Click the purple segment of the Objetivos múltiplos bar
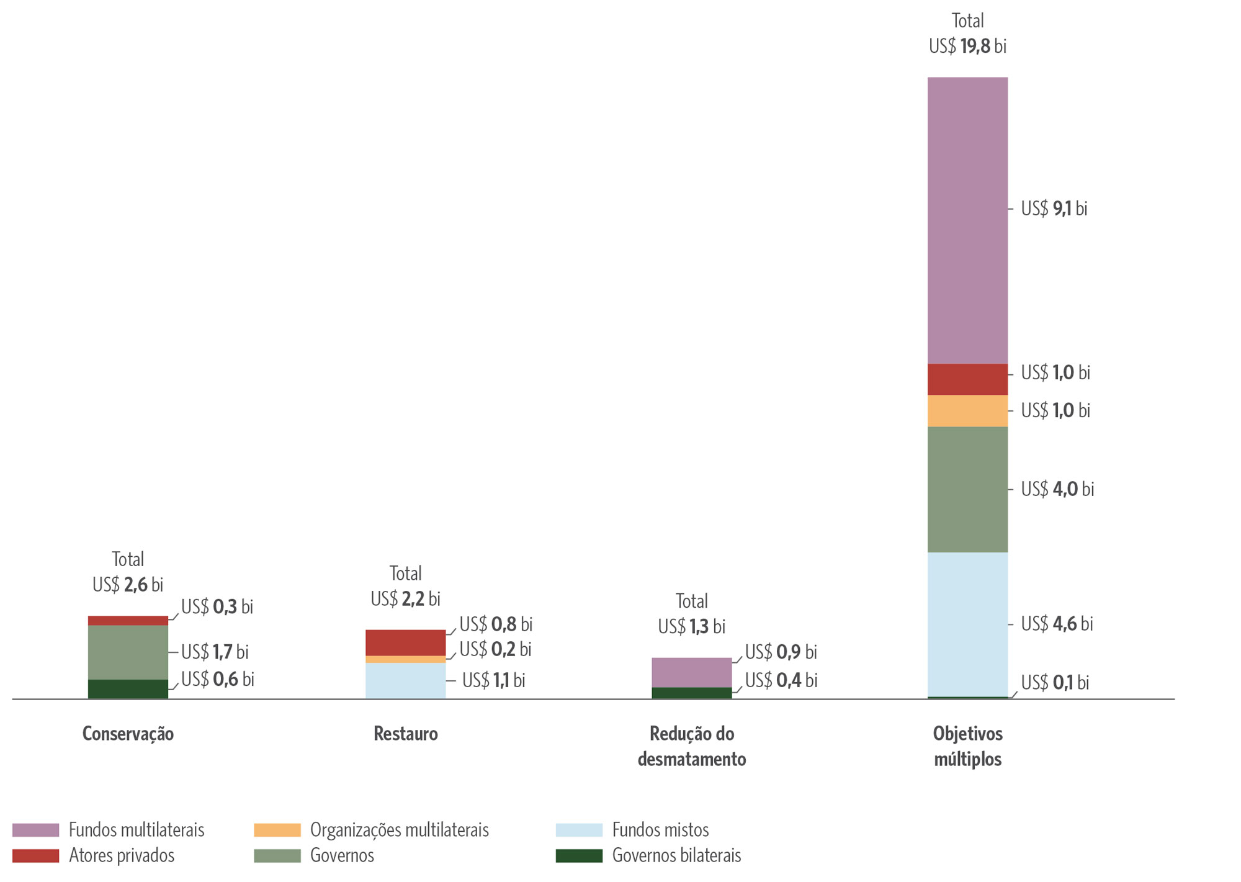[967, 220]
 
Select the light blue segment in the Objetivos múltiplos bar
[967, 624]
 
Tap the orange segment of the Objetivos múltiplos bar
[967, 411]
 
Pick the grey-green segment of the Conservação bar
[128, 652]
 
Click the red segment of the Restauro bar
[405, 642]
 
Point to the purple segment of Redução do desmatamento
[691, 672]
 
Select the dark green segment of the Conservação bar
[128, 689]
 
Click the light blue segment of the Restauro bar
[405, 680]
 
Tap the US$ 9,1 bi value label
[1054, 209]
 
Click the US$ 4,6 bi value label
[1057, 624]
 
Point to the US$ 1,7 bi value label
[215, 652]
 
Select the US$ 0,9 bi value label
[781, 652]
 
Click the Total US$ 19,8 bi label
[967, 34]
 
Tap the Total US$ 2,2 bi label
[405, 586]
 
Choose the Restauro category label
[405, 734]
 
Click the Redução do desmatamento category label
[691, 746]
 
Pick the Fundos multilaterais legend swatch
[35, 830]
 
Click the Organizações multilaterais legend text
[399, 830]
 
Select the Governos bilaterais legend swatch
[578, 855]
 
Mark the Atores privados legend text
[122, 855]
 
